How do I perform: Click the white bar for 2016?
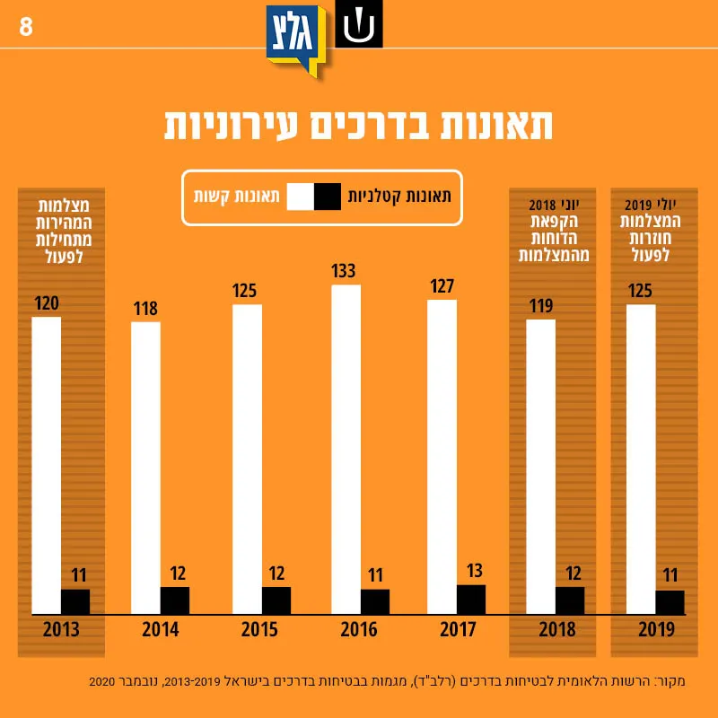[x=346, y=450]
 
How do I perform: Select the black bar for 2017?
[x=470, y=600]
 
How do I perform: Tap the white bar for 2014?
[x=145, y=468]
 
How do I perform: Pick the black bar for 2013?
[x=75, y=601]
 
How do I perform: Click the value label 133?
[x=344, y=271]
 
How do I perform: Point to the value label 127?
[x=442, y=286]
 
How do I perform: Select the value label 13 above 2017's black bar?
[x=475, y=571]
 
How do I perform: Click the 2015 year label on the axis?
[x=259, y=630]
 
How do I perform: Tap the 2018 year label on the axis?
[x=556, y=630]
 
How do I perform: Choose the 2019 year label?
[x=656, y=630]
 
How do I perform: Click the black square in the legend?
[x=328, y=197]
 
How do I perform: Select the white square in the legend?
[x=301, y=197]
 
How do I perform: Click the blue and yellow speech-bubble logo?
[x=296, y=40]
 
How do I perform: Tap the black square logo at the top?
[x=358, y=23]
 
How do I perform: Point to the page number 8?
[x=26, y=27]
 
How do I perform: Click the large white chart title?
[x=358, y=125]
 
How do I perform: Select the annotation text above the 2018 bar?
[x=554, y=231]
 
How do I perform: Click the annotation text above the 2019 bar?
[x=650, y=231]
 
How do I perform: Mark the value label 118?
[x=145, y=309]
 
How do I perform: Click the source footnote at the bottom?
[x=387, y=681]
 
